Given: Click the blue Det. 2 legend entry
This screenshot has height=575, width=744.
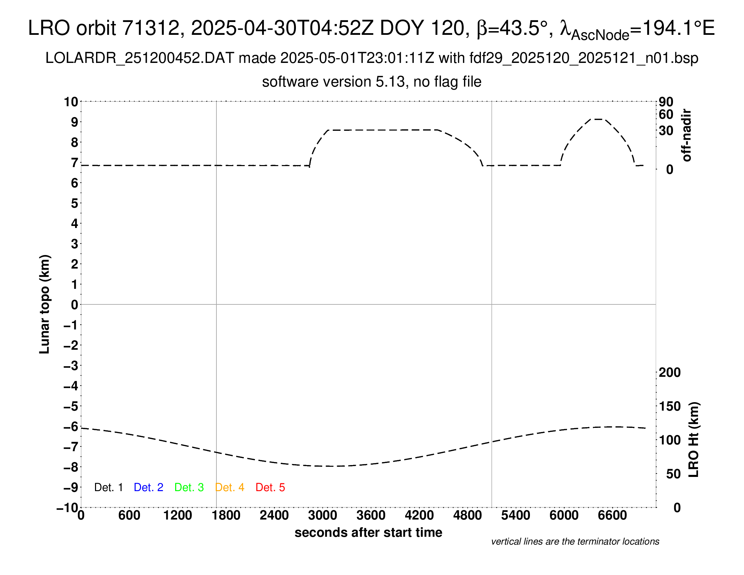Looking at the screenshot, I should (x=148, y=487).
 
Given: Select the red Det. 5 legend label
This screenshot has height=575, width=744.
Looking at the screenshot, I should (x=270, y=487).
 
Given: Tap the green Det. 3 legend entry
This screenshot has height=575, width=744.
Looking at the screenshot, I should (x=189, y=487).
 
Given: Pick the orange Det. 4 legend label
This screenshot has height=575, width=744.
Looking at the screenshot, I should (x=230, y=487).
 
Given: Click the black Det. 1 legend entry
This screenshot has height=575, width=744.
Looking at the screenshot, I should (x=108, y=487).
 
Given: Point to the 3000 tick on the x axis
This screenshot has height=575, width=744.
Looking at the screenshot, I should (x=323, y=515).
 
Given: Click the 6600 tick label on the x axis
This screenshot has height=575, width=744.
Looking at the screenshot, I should (x=612, y=515).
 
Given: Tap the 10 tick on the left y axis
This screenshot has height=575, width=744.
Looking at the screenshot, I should (x=71, y=101).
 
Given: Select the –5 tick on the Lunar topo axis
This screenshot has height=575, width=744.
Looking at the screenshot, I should (x=71, y=406).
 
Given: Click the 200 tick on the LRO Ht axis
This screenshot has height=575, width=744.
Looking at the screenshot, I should (x=670, y=372).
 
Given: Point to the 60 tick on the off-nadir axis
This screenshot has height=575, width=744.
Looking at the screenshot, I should (x=666, y=114).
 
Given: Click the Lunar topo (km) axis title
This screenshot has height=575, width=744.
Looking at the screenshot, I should (x=45, y=304).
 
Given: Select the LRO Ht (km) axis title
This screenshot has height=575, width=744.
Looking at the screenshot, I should (x=694, y=440).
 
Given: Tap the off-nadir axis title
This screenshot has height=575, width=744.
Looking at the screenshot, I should (x=687, y=135).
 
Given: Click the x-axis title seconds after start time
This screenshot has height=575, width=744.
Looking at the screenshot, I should (x=368, y=532).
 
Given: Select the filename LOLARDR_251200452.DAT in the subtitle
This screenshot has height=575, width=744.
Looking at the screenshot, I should (x=140, y=58).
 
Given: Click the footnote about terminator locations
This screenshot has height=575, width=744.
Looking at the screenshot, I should (x=575, y=542).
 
